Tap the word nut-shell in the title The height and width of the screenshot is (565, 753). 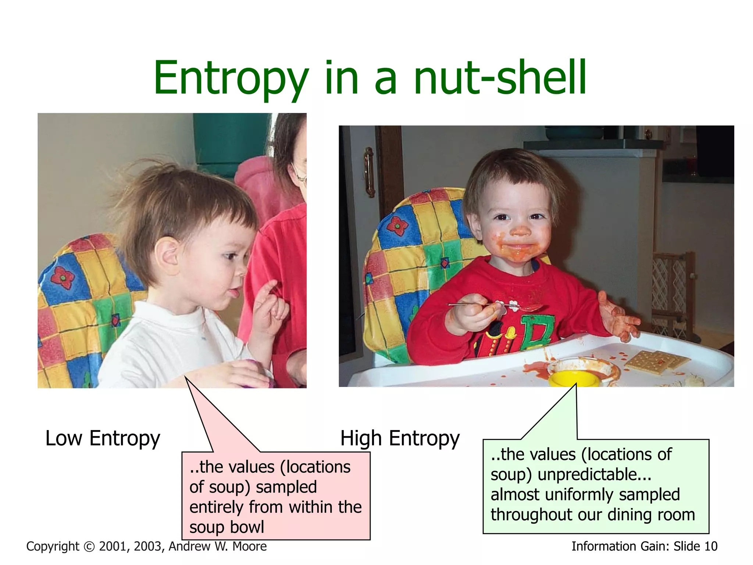500,78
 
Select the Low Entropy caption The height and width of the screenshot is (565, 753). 103,438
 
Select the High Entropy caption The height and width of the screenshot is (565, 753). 400,438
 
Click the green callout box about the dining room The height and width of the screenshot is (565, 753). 596,486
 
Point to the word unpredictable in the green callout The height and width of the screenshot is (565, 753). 594,475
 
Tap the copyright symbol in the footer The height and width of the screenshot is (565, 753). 89,547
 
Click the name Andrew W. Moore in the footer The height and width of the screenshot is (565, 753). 218,547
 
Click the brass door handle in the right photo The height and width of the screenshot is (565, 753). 369,171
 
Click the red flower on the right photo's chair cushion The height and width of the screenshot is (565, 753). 397,225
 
